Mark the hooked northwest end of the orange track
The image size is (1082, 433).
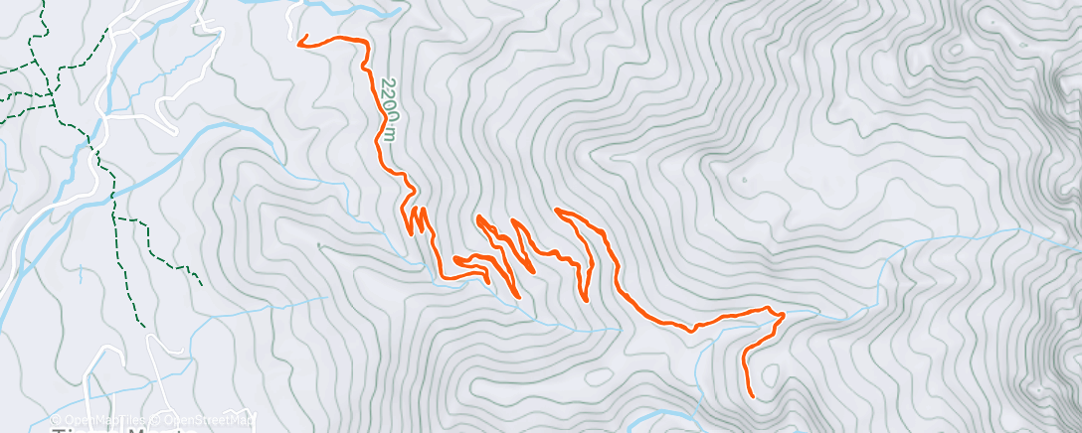tap(299, 41)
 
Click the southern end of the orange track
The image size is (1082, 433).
tap(752, 396)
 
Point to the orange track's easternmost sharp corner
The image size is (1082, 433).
tap(784, 315)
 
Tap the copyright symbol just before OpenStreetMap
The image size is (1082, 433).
tap(156, 419)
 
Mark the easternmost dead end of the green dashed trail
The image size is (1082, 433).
tap(201, 285)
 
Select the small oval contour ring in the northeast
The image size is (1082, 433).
tap(955, 49)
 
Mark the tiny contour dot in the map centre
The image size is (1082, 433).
tap(743, 180)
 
